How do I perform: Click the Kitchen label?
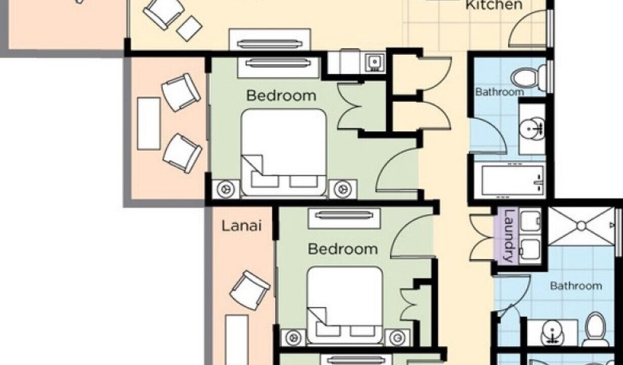pyautogui.click(x=494, y=5)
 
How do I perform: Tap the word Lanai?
pyautogui.click(x=242, y=226)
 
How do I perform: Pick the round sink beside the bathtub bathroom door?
pyautogui.click(x=531, y=129)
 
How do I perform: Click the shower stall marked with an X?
pyautogui.click(x=582, y=226)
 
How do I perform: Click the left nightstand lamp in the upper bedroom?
pyautogui.click(x=225, y=189)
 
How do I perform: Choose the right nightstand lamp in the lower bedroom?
pyautogui.click(x=397, y=338)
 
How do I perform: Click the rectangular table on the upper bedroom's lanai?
pyautogui.click(x=149, y=124)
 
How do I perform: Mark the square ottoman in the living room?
pyautogui.click(x=189, y=28)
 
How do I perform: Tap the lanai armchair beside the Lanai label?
pyautogui.click(x=250, y=290)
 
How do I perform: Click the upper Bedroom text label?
pyautogui.click(x=281, y=95)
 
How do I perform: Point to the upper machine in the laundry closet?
pyautogui.click(x=530, y=222)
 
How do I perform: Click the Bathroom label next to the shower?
pyautogui.click(x=576, y=286)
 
